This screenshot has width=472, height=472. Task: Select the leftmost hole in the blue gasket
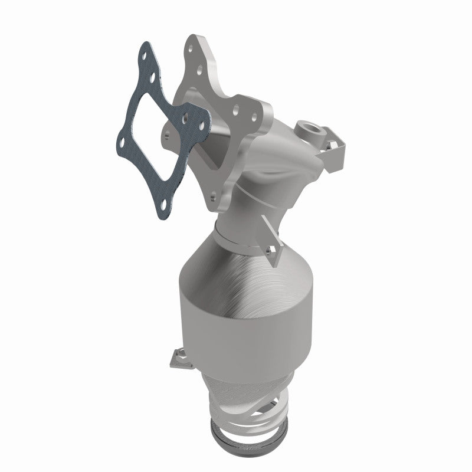coord(122,142)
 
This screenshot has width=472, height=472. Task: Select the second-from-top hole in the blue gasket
coord(152,77)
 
